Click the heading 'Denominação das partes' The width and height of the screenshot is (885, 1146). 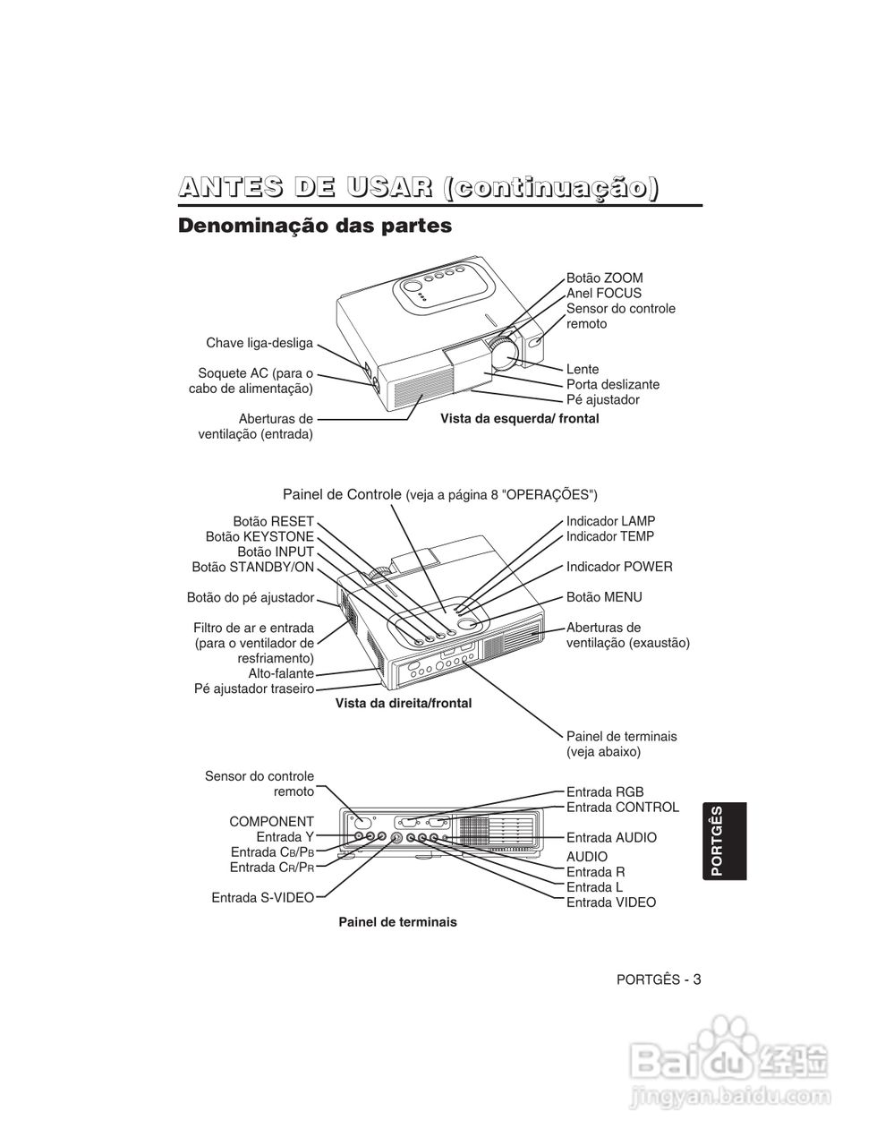tap(315, 226)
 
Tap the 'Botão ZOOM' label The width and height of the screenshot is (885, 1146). tap(604, 278)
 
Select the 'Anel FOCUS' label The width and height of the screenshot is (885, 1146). tap(603, 294)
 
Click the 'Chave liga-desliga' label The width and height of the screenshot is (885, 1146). tap(260, 343)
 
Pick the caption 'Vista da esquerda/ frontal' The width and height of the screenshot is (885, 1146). tap(519, 419)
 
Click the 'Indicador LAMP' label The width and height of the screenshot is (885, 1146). tap(610, 521)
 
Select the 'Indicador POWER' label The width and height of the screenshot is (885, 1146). tap(619, 567)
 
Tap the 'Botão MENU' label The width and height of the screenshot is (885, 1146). tap(604, 597)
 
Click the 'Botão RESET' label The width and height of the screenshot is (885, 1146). tap(273, 521)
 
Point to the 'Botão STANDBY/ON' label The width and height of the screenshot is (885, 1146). tap(252, 567)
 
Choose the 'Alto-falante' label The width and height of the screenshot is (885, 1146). tap(281, 673)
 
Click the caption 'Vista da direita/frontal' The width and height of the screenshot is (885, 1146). tap(403, 704)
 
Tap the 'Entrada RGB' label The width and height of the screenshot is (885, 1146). tap(605, 792)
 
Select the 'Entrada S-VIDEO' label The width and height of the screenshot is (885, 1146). tap(262, 897)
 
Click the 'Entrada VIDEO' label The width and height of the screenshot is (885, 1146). tap(610, 902)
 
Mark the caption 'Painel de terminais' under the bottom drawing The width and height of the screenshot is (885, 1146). tap(397, 922)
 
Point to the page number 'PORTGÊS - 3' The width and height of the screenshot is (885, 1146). tap(659, 979)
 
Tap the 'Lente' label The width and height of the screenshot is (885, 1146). tap(583, 369)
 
